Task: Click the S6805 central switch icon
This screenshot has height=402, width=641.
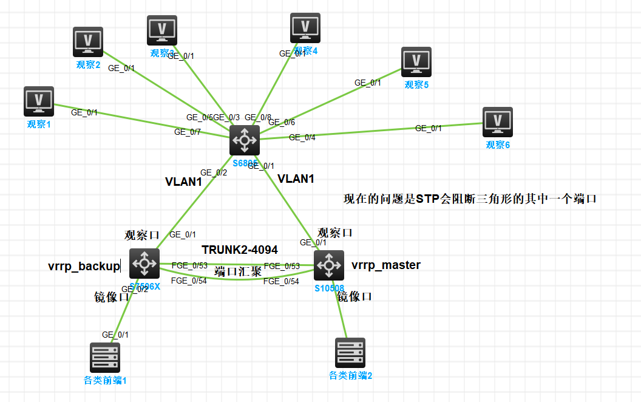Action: [x=245, y=140]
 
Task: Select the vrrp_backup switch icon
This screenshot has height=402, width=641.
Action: [x=144, y=263]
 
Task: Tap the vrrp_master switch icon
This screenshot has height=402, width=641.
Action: [x=329, y=265]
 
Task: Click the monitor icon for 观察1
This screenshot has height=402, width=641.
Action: [x=39, y=101]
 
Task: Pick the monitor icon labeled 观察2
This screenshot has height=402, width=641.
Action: [x=88, y=42]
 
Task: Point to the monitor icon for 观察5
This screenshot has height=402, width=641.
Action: [x=416, y=62]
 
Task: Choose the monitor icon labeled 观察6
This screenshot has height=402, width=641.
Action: [x=498, y=122]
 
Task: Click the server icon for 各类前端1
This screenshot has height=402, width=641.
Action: [x=105, y=358]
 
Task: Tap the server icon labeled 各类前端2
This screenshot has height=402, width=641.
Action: [x=350, y=353]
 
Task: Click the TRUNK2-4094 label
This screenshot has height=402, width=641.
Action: [x=240, y=250]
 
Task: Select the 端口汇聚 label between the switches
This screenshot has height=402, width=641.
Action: [x=238, y=271]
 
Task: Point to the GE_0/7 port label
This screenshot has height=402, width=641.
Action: [x=188, y=132]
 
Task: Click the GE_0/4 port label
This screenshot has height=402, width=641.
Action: [x=302, y=137]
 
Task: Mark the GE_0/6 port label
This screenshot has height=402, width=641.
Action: [x=282, y=122]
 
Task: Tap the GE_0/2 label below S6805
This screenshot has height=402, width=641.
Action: [x=214, y=172]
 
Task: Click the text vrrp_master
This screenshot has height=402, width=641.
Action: [x=386, y=265]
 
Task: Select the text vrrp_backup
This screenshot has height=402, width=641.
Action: [x=84, y=266]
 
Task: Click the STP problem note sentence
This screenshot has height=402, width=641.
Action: [x=471, y=199]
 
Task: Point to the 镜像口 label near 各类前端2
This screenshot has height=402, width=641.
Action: [x=354, y=296]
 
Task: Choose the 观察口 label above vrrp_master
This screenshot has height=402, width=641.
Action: [x=335, y=233]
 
